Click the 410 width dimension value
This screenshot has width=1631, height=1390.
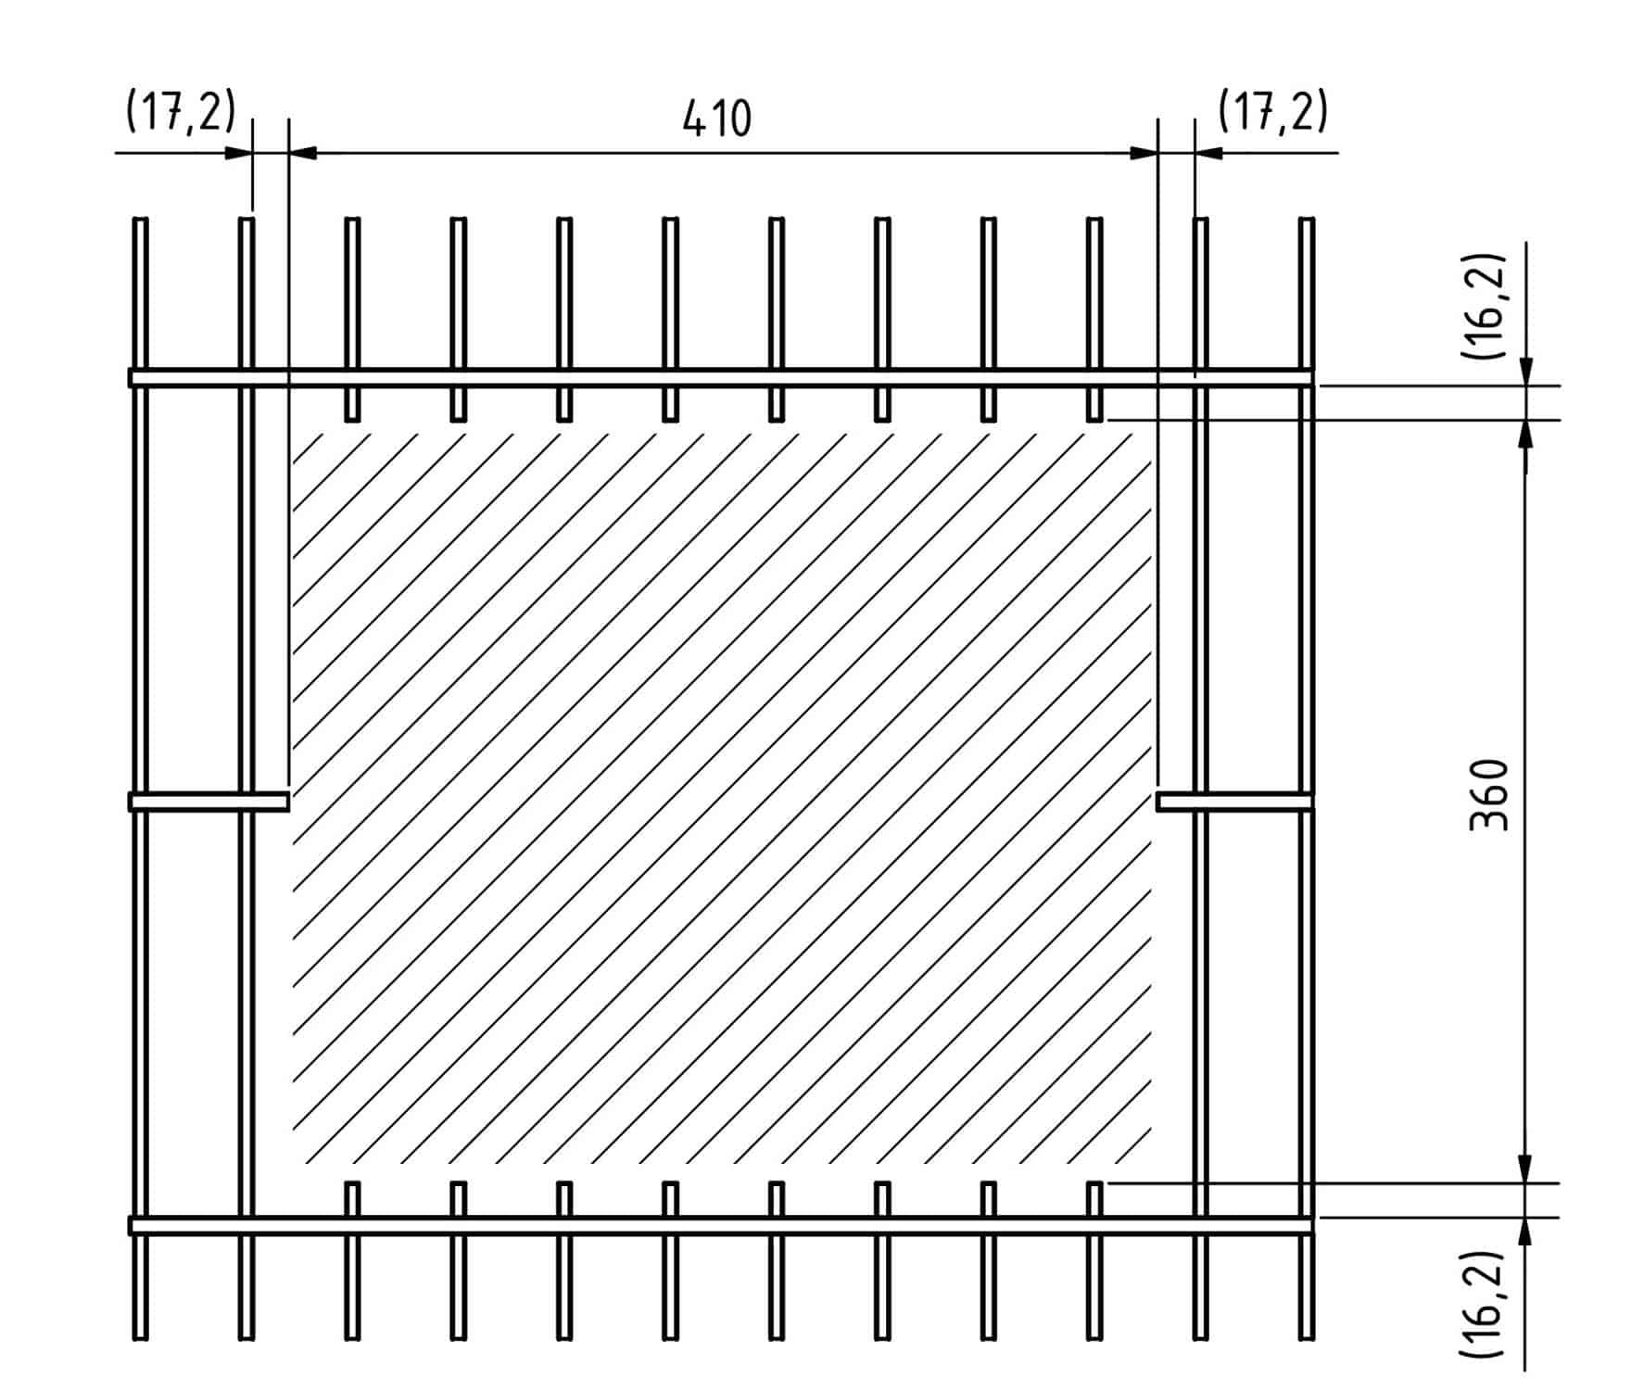click(x=716, y=119)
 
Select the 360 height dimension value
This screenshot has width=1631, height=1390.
click(x=1489, y=794)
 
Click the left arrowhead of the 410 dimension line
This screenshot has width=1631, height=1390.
click(x=303, y=152)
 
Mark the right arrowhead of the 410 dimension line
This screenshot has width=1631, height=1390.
click(x=1144, y=152)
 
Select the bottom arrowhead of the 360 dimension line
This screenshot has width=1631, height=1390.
click(x=1525, y=1169)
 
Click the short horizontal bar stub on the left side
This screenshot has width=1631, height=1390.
click(x=209, y=801)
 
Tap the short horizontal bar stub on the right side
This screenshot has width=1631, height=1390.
click(x=1234, y=801)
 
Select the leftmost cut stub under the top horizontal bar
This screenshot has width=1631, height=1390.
click(x=352, y=404)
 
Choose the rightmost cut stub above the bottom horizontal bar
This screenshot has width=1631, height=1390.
click(x=1094, y=1199)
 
